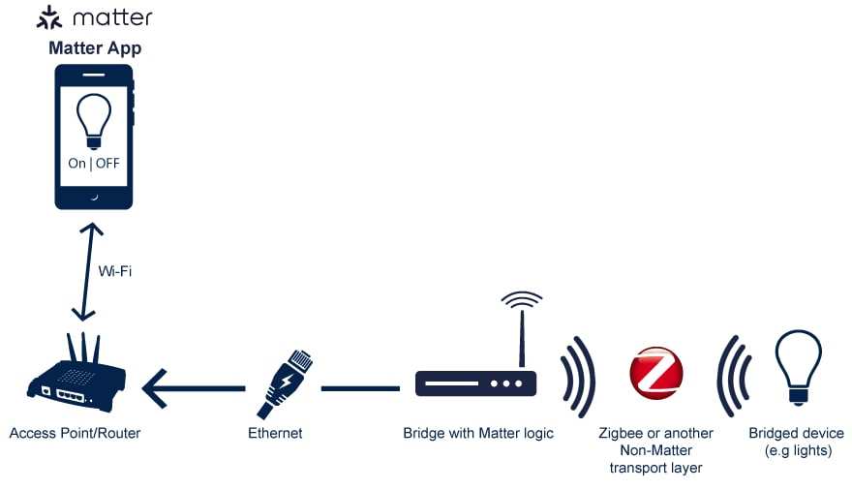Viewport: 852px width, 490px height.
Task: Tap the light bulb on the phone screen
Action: [94, 122]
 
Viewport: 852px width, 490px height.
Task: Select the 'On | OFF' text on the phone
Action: [94, 164]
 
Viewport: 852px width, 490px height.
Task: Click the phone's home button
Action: [94, 197]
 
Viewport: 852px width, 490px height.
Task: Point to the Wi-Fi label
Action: [114, 271]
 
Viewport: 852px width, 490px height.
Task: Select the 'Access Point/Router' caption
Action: [75, 433]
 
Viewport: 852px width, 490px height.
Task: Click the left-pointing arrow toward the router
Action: [194, 388]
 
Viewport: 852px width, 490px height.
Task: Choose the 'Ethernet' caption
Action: [275, 433]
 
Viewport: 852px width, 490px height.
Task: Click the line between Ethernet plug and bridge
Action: [359, 388]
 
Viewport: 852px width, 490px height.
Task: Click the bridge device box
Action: [475, 383]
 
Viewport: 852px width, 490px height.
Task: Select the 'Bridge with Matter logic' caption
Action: [478, 433]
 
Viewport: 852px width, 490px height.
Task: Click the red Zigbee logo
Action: [656, 374]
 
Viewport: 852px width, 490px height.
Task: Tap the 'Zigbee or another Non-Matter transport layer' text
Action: [656, 450]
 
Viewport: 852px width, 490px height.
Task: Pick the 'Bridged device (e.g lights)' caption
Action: [797, 442]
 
